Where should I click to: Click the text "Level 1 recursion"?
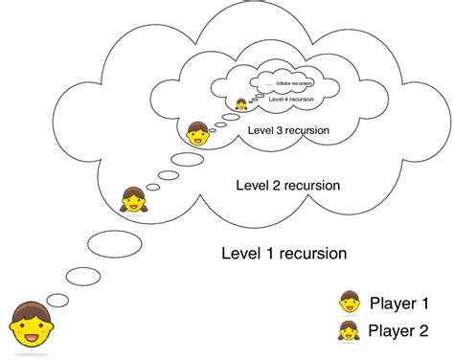[284, 254]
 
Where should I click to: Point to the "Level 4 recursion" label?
[288, 98]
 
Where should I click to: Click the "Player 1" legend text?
[398, 303]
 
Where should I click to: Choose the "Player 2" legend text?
[398, 334]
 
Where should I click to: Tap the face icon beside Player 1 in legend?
[349, 303]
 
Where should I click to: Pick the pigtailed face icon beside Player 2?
[349, 333]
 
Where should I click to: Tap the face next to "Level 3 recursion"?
[198, 134]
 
